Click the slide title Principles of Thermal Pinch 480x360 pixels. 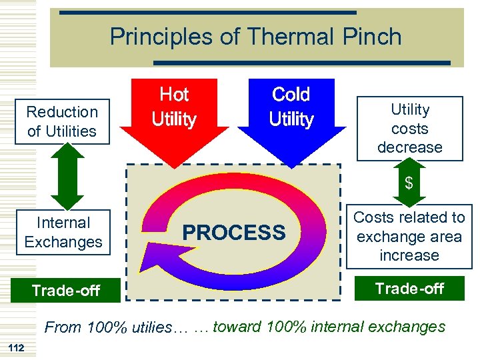[x=255, y=37]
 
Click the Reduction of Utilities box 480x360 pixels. [x=62, y=121]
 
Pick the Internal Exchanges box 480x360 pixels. [x=63, y=232]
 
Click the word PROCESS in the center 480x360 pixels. [x=233, y=233]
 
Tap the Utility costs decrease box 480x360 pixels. [x=409, y=128]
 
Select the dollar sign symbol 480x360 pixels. [x=409, y=182]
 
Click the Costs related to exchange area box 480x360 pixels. [x=409, y=236]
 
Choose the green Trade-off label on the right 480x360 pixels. [x=409, y=288]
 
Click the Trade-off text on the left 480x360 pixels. [x=66, y=290]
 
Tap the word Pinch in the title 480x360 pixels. [x=373, y=37]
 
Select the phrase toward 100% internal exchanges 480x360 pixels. [x=328, y=327]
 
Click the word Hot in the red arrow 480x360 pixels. [x=174, y=95]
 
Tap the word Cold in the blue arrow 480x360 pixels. [x=291, y=95]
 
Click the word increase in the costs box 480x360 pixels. [x=409, y=255]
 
